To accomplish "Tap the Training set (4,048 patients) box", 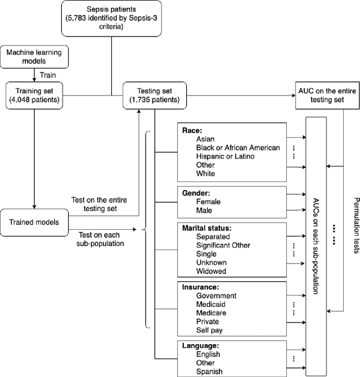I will [x=34, y=95].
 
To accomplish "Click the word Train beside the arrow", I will [x=49, y=73].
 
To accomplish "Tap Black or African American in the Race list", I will [x=237, y=148].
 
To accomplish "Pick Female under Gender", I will [x=208, y=202].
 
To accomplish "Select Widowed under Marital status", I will [x=211, y=271].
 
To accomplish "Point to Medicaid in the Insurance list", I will [x=211, y=304].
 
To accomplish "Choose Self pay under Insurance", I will [x=209, y=330].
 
